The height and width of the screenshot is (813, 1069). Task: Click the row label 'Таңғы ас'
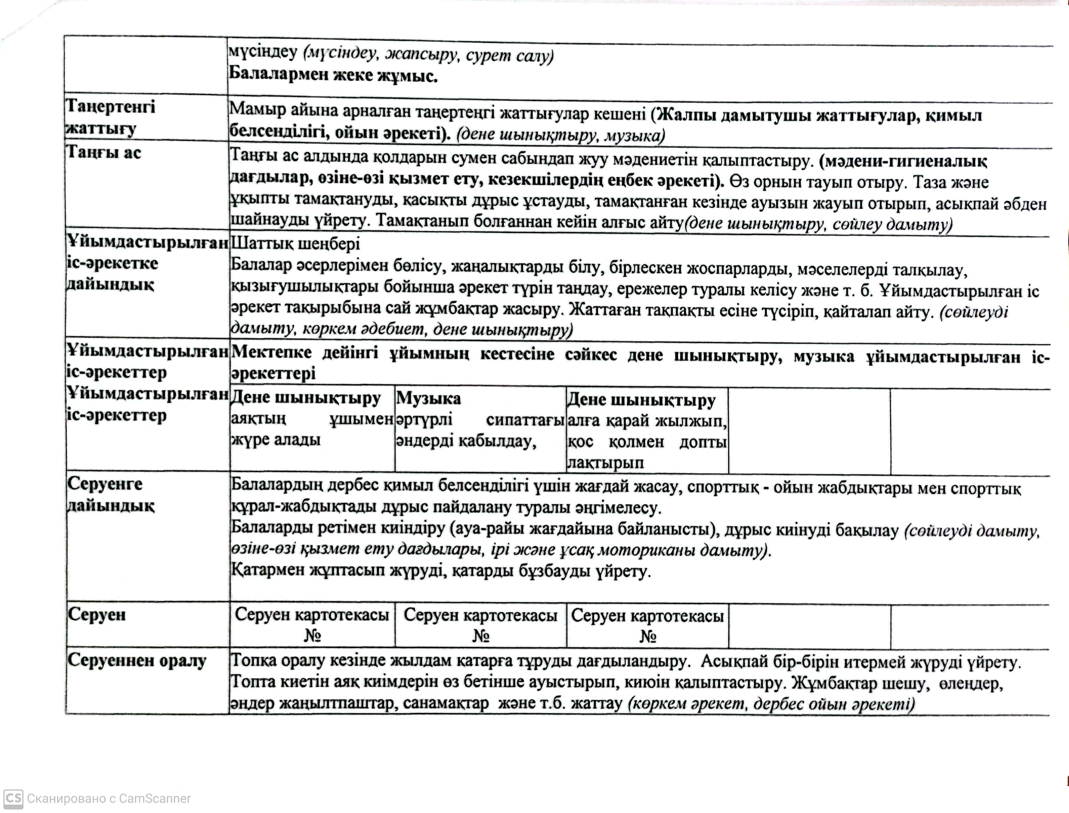click(104, 152)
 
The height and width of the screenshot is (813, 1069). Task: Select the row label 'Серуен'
click(97, 615)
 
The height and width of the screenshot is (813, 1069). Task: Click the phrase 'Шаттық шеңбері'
click(295, 243)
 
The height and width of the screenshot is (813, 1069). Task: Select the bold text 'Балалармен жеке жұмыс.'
click(333, 76)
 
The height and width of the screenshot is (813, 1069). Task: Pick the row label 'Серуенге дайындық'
click(110, 495)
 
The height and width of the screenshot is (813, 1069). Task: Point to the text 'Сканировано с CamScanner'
click(109, 799)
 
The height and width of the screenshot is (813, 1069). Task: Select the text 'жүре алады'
click(275, 440)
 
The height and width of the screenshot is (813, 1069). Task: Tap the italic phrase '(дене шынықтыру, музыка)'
click(560, 135)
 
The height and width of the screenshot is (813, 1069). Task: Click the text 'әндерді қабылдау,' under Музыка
click(466, 441)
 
